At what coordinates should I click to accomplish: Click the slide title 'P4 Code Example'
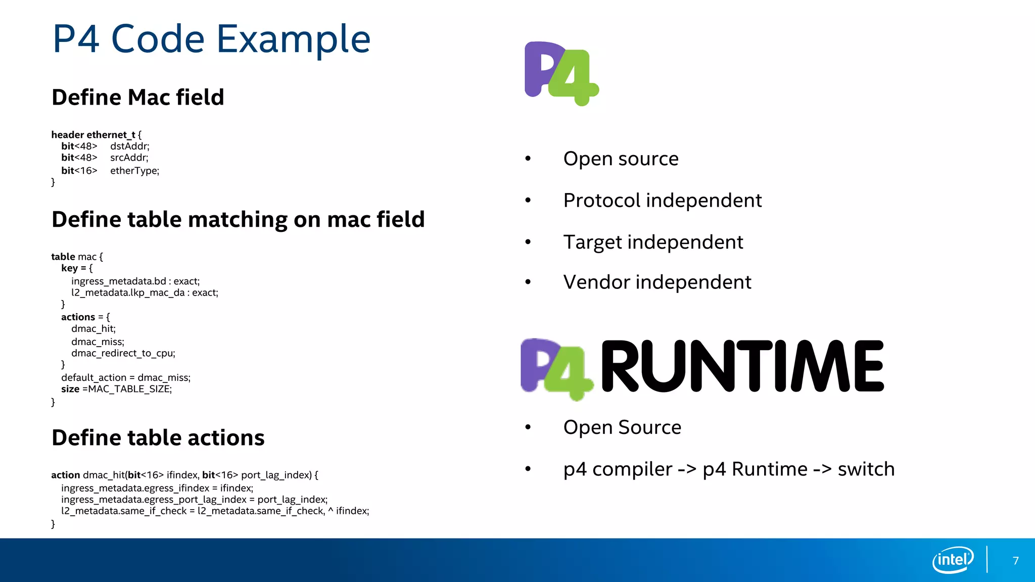[211, 39]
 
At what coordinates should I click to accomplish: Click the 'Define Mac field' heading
[137, 97]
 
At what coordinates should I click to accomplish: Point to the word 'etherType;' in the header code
[134, 171]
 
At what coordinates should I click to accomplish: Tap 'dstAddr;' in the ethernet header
[129, 146]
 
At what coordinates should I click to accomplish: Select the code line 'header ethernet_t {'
[96, 134]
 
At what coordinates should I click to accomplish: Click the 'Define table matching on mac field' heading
[238, 219]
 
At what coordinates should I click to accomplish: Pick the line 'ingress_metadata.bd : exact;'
[135, 281]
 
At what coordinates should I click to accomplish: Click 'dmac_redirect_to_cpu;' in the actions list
[123, 353]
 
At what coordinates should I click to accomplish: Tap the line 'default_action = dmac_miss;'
[126, 377]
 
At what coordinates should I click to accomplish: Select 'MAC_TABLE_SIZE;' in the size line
[130, 389]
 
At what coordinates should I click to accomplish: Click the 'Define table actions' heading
[158, 438]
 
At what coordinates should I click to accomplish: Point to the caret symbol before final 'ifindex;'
[330, 511]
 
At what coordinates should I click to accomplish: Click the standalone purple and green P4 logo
[561, 73]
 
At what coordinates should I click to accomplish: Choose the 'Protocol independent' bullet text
[662, 200]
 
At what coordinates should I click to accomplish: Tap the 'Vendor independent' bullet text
[657, 282]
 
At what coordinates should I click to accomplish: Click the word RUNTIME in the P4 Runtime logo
[742, 366]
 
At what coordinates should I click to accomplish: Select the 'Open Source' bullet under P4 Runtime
[622, 427]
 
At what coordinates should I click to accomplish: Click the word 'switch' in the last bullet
[866, 469]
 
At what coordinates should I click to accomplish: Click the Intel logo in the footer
[953, 560]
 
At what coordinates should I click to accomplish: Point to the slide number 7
[1015, 560]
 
